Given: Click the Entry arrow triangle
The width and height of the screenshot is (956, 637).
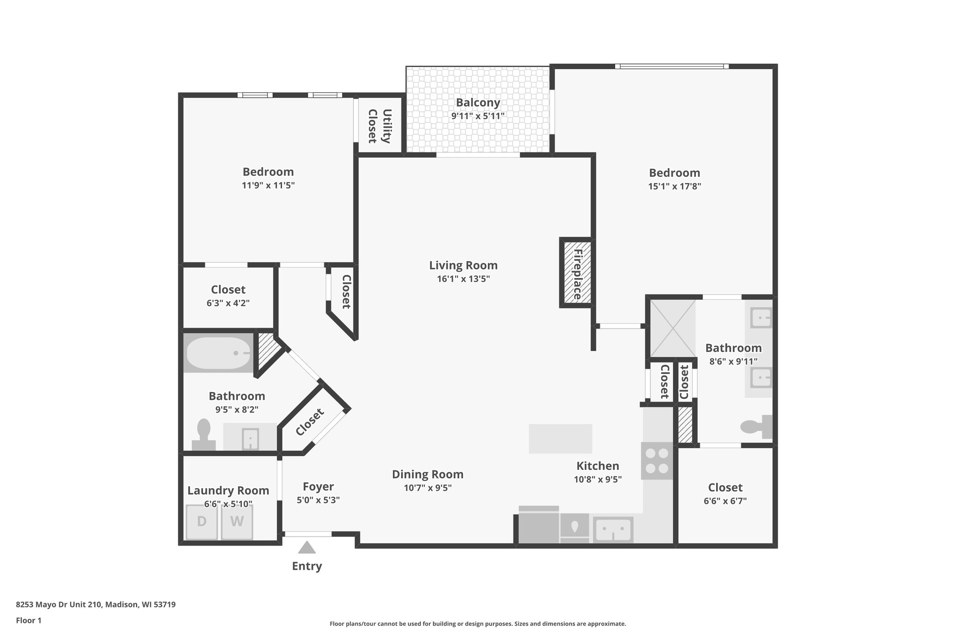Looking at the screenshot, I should tap(307, 547).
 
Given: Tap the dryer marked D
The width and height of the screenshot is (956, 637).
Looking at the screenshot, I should tap(202, 522).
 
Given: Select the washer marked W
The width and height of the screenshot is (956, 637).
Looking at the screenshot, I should tap(237, 522).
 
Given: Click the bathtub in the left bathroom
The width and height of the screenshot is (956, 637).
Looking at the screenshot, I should tap(218, 353).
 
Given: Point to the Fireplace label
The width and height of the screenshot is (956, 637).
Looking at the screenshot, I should tap(577, 274).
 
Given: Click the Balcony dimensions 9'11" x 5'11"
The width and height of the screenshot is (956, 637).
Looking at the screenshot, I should tap(478, 116).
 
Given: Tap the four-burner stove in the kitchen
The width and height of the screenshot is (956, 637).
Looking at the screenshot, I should tap(657, 461).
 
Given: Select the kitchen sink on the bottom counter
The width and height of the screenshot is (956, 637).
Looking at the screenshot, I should tap(613, 530).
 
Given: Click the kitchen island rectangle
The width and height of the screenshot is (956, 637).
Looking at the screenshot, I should tap(560, 439).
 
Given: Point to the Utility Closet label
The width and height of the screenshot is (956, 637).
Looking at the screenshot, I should tap(380, 126).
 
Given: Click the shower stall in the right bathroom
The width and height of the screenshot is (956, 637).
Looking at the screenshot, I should tap(673, 328).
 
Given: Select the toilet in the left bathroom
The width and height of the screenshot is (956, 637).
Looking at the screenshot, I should tap(204, 434).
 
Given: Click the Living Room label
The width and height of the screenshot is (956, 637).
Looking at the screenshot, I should tap(463, 266).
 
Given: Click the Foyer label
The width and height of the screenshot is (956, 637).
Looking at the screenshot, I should tap(318, 487).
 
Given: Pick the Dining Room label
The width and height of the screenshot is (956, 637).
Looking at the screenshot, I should tap(428, 475).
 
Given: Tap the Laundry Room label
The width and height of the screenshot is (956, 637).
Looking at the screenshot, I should tap(228, 490).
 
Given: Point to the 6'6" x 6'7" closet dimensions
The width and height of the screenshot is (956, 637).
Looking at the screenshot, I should tap(725, 501).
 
